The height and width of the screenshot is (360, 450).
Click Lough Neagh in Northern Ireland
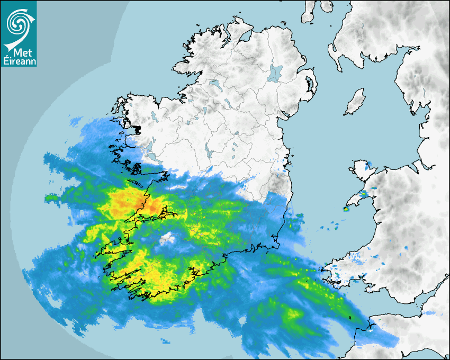pyautogui.click(x=275, y=73)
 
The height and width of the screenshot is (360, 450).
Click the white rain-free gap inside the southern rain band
pyautogui.click(x=168, y=238)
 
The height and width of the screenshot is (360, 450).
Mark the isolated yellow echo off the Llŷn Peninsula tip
pyautogui.click(x=346, y=209)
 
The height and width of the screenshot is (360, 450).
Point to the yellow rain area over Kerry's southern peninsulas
pyautogui.click(x=127, y=275)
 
